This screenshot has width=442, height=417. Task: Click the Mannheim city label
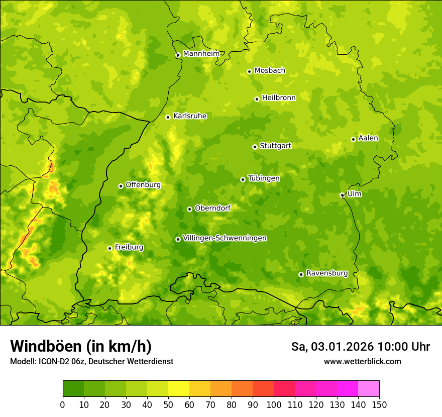pyautogui.click(x=201, y=54)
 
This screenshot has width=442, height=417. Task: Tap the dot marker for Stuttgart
pyautogui.click(x=255, y=147)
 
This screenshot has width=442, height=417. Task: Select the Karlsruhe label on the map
pyautogui.click(x=190, y=116)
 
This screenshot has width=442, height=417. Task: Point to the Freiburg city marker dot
pyautogui.click(x=109, y=248)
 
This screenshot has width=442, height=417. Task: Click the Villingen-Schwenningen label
pyautogui.click(x=225, y=238)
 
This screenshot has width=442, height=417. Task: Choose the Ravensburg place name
pyautogui.click(x=326, y=273)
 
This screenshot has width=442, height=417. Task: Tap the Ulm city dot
pyautogui.click(x=342, y=195)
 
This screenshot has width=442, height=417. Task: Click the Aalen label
pyautogui.click(x=368, y=138)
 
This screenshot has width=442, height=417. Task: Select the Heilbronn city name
pyautogui.click(x=279, y=98)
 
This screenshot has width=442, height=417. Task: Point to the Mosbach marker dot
pyautogui.click(x=249, y=71)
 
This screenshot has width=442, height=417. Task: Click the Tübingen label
pyautogui.click(x=264, y=178)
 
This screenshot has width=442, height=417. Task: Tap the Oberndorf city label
pyautogui.click(x=212, y=208)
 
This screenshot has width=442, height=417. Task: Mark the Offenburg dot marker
pyautogui.click(x=121, y=186)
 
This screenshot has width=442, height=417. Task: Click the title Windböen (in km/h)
pyautogui.click(x=80, y=347)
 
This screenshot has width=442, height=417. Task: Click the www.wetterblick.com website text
pyautogui.click(x=362, y=362)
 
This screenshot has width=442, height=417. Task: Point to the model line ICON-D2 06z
pyautogui.click(x=91, y=362)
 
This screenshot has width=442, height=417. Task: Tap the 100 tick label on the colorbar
pyautogui.click(x=274, y=405)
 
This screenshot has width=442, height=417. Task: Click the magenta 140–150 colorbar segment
pyautogui.click(x=369, y=388)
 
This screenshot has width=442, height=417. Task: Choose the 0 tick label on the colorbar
pyautogui.click(x=63, y=405)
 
